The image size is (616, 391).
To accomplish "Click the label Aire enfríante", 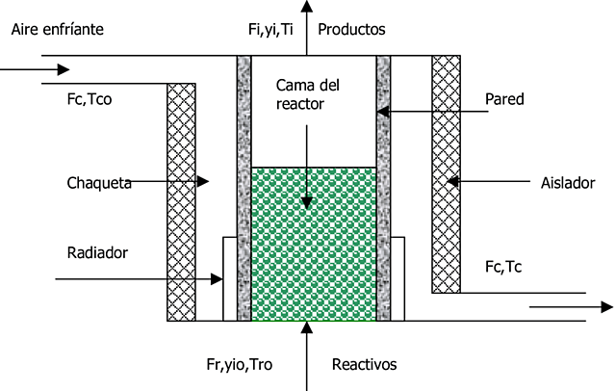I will pos(57,30).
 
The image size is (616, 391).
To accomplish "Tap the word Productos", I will pos(351,30).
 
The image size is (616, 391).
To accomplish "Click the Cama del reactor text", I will pos(307,93).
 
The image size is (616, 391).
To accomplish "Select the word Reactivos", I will pos(364,364).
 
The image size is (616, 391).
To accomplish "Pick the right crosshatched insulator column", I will pos(446,173).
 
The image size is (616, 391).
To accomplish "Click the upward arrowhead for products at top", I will pos(307,7).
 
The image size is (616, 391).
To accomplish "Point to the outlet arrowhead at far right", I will pos(606,308).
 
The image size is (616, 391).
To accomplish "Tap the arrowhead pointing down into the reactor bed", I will pos(307,202).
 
